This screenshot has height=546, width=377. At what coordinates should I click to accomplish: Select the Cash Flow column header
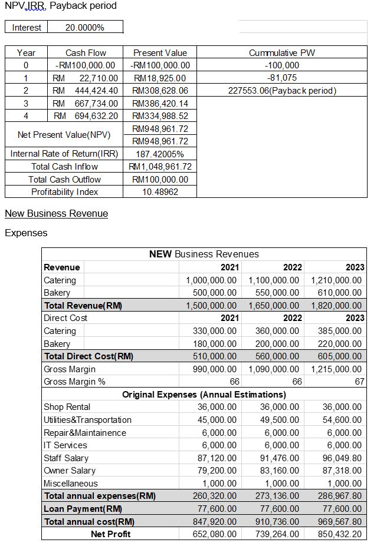pos(86,52)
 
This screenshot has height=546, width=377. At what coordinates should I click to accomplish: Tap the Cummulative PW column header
pos(281,52)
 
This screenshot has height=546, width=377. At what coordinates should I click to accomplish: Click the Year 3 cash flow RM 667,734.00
pos(86,103)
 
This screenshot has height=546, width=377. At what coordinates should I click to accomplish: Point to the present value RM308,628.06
pos(160,91)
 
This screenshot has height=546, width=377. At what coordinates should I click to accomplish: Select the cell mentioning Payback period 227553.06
pos(281,91)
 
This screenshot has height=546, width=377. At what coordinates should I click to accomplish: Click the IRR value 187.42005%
pos(160,154)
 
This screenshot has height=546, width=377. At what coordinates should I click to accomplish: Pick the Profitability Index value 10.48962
pos(160,192)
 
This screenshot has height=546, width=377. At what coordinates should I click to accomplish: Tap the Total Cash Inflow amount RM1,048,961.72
pos(160,167)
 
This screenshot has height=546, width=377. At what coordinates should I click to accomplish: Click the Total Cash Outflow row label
pos(64,179)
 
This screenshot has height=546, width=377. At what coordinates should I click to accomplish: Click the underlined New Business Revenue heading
pos(56,213)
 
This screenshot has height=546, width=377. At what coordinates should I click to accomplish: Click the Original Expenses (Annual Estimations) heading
pos(204,394)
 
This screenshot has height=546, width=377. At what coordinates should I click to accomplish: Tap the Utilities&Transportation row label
pos(87,420)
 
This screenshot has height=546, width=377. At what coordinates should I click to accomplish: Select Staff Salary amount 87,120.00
pos(216,458)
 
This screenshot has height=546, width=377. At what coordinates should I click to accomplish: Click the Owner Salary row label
pos(70,471)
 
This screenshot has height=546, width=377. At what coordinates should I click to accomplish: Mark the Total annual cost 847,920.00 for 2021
pos(216,522)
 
